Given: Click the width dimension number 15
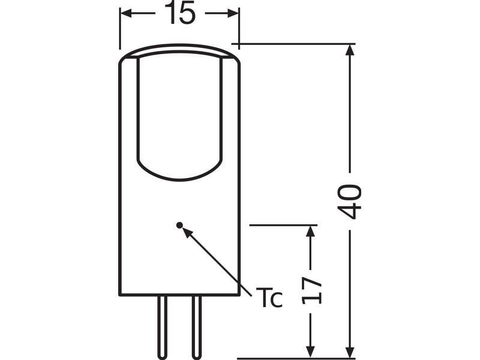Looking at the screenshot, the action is [179, 14].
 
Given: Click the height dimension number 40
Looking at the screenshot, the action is [349, 202].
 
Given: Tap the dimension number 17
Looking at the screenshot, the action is [311, 290].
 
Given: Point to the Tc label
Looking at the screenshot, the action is [269, 298].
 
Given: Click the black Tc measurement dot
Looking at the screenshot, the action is [179, 226].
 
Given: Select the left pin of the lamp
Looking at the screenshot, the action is [162, 327].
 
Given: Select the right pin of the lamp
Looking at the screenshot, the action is [197, 327].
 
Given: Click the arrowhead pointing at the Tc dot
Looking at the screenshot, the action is [188, 233].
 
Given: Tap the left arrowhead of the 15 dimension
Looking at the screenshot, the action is [126, 13].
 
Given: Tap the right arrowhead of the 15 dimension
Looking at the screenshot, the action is [233, 13].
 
